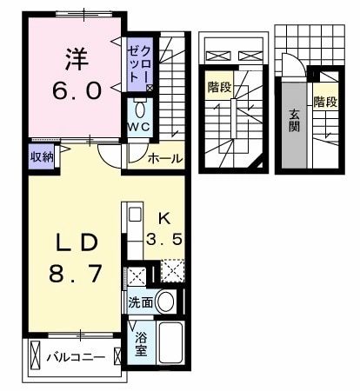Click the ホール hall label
165,159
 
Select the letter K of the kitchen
163,218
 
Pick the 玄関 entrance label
294,119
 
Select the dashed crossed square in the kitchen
171,272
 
